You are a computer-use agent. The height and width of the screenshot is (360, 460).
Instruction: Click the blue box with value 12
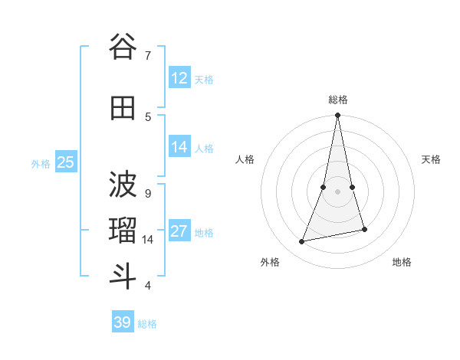pyautogui.click(x=179, y=78)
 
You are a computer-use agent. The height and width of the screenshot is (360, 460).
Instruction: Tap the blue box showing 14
pyautogui.click(x=179, y=147)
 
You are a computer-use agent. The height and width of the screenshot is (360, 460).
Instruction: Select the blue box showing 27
pyautogui.click(x=179, y=231)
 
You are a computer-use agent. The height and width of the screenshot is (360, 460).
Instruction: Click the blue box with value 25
pyautogui.click(x=65, y=162)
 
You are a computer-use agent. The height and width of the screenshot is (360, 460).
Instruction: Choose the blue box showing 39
pyautogui.click(x=123, y=322)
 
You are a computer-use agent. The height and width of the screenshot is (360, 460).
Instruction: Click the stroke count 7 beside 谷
pyautogui.click(x=148, y=55)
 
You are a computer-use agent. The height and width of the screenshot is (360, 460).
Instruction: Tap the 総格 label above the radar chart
pyautogui.click(x=338, y=100)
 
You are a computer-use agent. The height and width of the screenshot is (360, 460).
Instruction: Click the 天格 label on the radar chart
pyautogui.click(x=431, y=159)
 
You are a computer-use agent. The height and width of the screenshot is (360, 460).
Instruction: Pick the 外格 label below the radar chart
pyautogui.click(x=270, y=262)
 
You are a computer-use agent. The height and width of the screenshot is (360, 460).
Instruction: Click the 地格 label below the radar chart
pyautogui.click(x=402, y=262)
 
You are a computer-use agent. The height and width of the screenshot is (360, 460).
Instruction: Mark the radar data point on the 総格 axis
pyautogui.click(x=338, y=116)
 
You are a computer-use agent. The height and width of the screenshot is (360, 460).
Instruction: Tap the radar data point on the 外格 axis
pyautogui.click(x=302, y=242)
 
